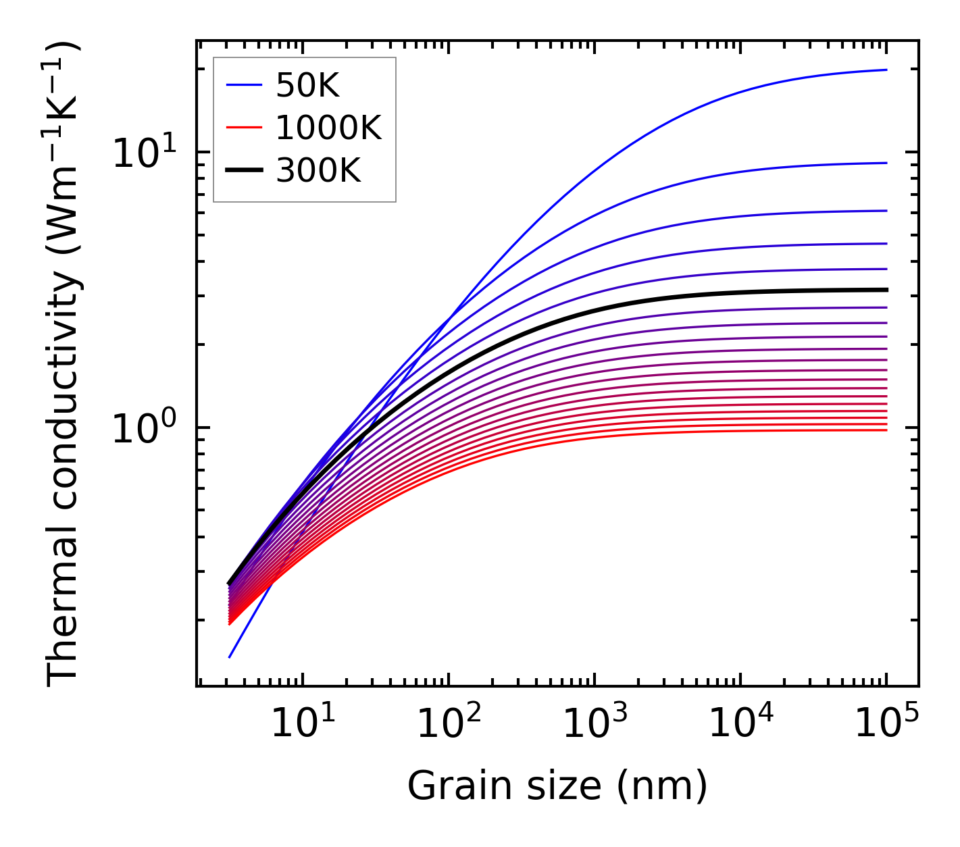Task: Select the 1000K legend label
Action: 328,128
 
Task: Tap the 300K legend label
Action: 318,171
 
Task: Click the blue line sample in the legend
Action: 243,85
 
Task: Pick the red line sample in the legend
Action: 243,128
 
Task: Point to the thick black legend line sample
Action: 243,171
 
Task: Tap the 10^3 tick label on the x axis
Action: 594,724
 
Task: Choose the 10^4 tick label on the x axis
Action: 740,724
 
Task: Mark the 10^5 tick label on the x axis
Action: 886,724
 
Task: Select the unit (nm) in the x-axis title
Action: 663,786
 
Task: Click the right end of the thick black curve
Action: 886,290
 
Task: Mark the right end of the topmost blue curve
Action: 886,70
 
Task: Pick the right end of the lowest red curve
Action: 886,430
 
